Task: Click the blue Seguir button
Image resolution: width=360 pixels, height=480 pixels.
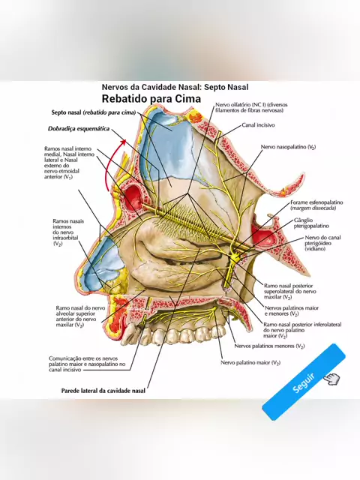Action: [x=304, y=382]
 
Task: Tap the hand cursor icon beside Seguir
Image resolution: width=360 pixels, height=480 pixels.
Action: [x=331, y=379]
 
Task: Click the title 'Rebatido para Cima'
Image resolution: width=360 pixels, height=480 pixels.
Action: [x=151, y=98]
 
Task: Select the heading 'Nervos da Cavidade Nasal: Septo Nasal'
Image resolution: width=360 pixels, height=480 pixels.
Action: [x=175, y=87]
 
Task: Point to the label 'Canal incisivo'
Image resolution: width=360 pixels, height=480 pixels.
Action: [x=258, y=125]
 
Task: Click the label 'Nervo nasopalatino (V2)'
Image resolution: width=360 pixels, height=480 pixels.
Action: [x=288, y=147]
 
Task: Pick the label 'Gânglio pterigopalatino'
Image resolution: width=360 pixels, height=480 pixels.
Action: [x=311, y=223]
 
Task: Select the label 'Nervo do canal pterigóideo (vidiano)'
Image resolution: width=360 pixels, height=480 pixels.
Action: [x=322, y=243]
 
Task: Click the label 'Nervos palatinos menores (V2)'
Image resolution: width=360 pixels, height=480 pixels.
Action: [x=269, y=346]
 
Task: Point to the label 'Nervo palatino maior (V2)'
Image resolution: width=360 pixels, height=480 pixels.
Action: [x=250, y=363]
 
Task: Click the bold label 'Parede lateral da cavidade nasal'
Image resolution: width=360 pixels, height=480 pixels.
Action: [x=103, y=391]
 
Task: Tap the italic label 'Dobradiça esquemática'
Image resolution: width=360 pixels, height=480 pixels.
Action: [x=79, y=128]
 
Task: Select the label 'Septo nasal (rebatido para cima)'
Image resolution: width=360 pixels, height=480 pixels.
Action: [x=94, y=112]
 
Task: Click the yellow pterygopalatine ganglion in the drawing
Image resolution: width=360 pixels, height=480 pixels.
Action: [x=235, y=259]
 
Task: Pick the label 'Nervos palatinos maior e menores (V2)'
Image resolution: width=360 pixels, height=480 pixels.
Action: [x=292, y=310]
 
